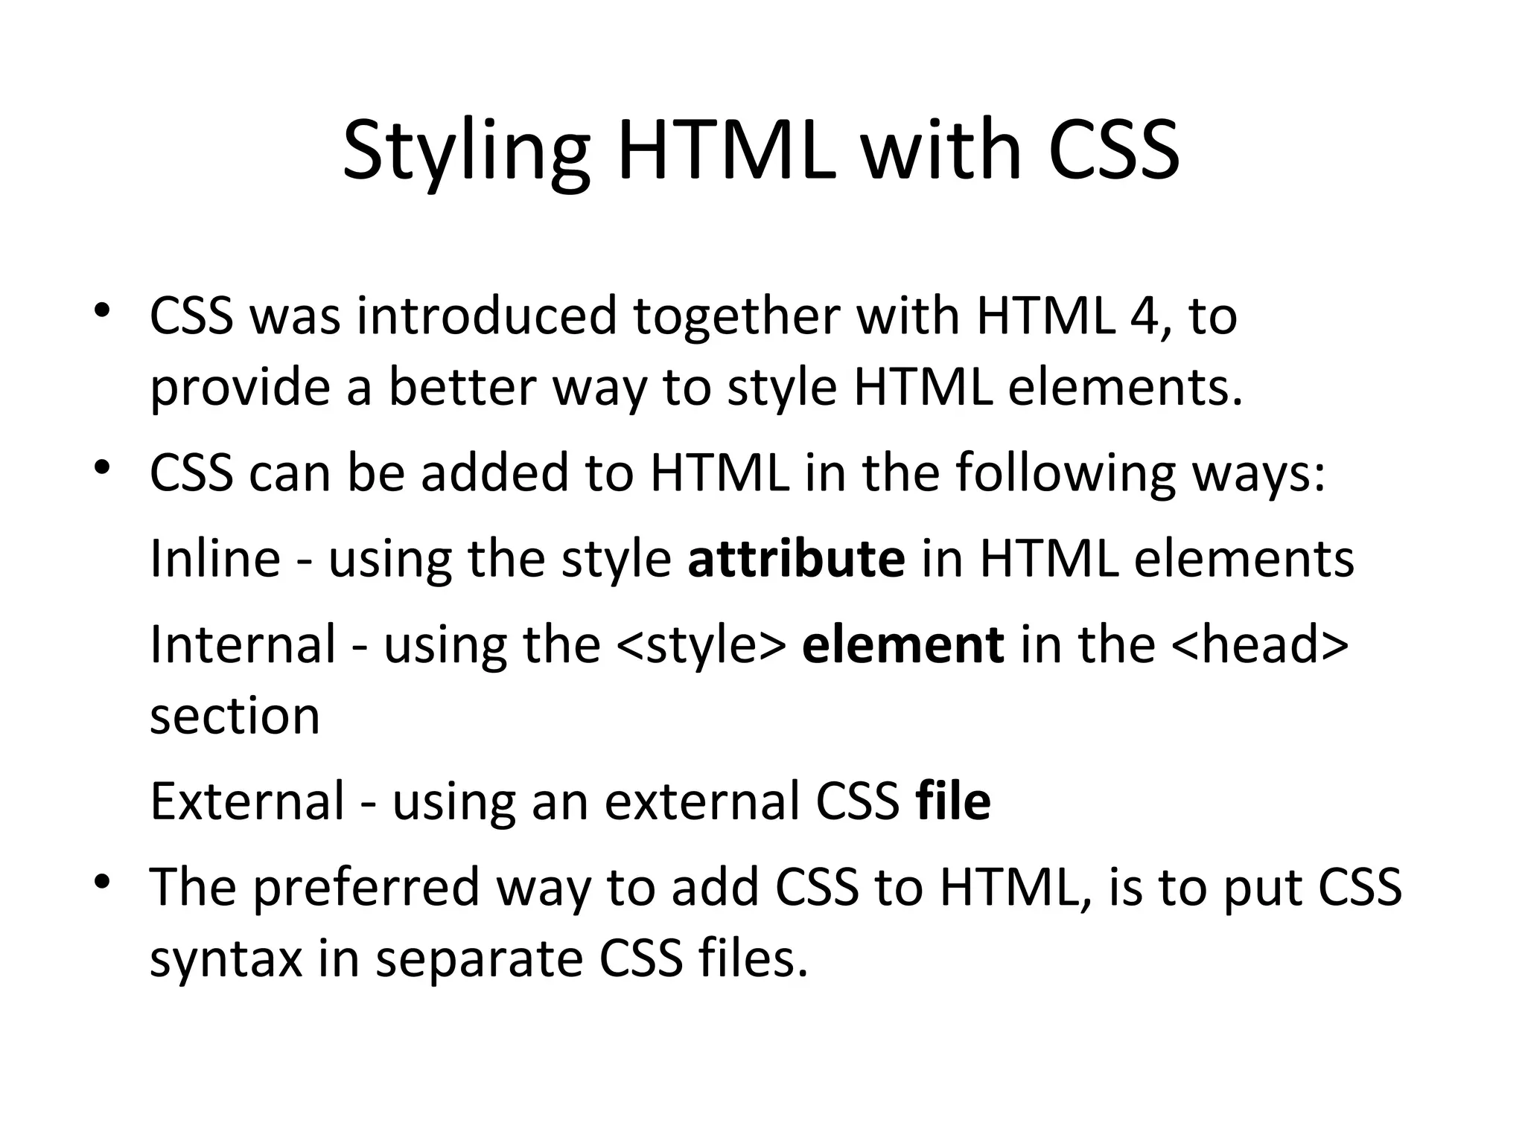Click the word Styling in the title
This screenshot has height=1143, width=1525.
(x=466, y=153)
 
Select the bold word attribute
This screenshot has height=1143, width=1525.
(x=796, y=558)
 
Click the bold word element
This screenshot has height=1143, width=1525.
(x=902, y=644)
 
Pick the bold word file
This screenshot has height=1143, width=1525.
(x=953, y=801)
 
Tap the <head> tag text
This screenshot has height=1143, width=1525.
(x=1259, y=644)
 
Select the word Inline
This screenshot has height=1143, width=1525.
(x=215, y=558)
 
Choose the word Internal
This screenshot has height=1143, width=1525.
(x=243, y=644)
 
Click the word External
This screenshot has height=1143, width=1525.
(x=247, y=801)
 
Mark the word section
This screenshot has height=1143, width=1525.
(x=235, y=716)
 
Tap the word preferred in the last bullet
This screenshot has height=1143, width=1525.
(x=366, y=888)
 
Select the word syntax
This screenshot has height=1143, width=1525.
(x=226, y=960)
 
